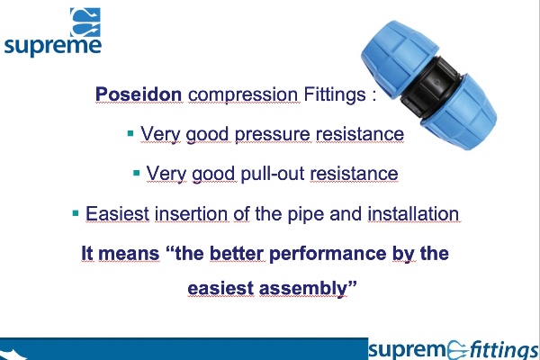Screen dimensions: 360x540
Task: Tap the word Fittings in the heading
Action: (334, 95)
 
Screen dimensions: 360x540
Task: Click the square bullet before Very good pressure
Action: (130, 134)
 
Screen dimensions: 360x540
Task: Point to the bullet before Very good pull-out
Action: (136, 173)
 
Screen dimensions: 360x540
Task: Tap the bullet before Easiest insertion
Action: (76, 213)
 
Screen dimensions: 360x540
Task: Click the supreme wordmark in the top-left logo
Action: (53, 45)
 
